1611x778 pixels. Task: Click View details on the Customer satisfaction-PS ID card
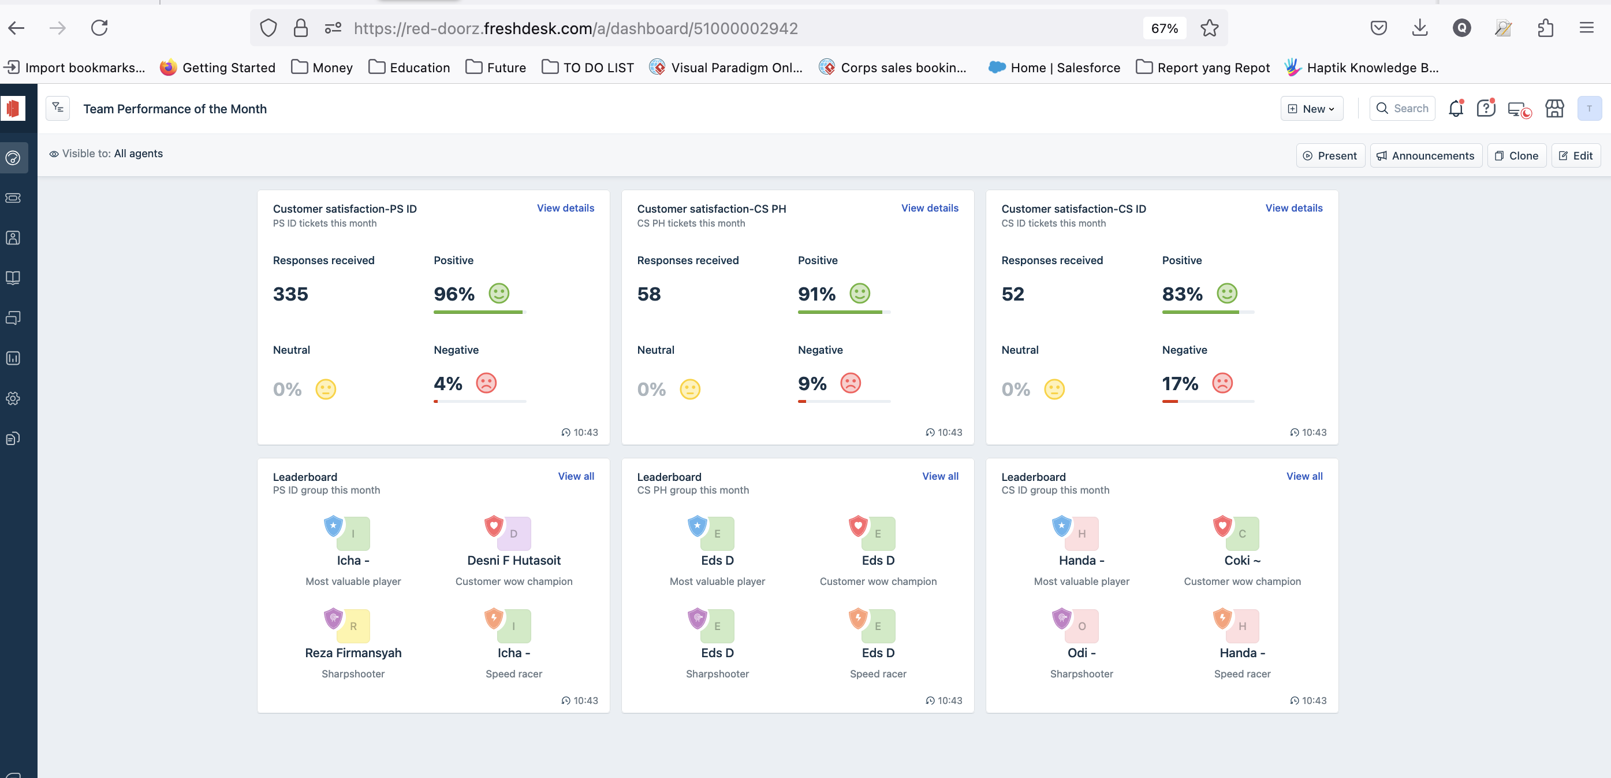click(565, 208)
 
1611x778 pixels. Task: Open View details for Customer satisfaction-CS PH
click(929, 208)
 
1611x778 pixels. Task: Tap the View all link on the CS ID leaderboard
click(1304, 476)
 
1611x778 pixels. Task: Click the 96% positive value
click(454, 294)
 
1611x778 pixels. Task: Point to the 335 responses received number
click(290, 294)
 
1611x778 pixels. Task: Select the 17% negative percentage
click(1180, 383)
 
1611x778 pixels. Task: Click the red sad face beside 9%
click(850, 383)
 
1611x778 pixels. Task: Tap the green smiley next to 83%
click(1226, 293)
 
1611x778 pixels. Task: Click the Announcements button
click(1425, 156)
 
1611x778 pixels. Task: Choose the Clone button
click(1516, 156)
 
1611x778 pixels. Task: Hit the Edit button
click(1575, 156)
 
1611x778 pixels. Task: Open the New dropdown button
click(1311, 109)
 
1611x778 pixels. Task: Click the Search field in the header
click(1401, 108)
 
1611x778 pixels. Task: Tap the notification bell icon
click(1455, 108)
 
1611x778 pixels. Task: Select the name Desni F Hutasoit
click(513, 560)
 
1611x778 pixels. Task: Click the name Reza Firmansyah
click(353, 653)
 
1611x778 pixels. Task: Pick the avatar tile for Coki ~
click(1241, 534)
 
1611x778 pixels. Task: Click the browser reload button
click(99, 28)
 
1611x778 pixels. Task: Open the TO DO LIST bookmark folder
click(587, 68)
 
